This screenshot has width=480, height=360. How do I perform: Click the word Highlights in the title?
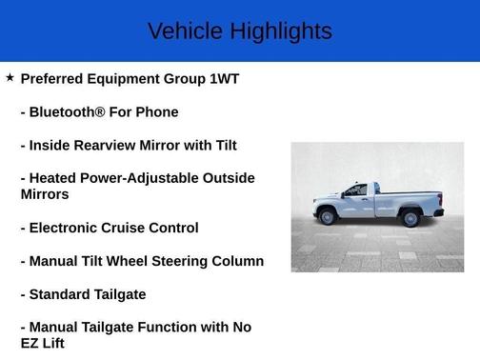point(280,31)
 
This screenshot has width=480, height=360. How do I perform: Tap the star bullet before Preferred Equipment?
point(10,77)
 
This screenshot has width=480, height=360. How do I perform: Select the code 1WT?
point(224,79)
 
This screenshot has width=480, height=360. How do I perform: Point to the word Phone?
point(157,112)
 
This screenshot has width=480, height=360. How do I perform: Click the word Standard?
point(64,294)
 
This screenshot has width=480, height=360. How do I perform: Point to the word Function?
point(190,327)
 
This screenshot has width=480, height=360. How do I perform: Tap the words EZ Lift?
point(43,343)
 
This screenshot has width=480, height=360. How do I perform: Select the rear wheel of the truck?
point(411,219)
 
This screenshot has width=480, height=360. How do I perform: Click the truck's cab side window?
point(356,190)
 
